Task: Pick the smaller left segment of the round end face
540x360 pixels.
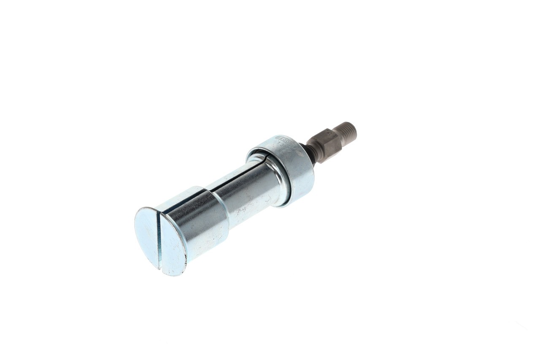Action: [x=147, y=234]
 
